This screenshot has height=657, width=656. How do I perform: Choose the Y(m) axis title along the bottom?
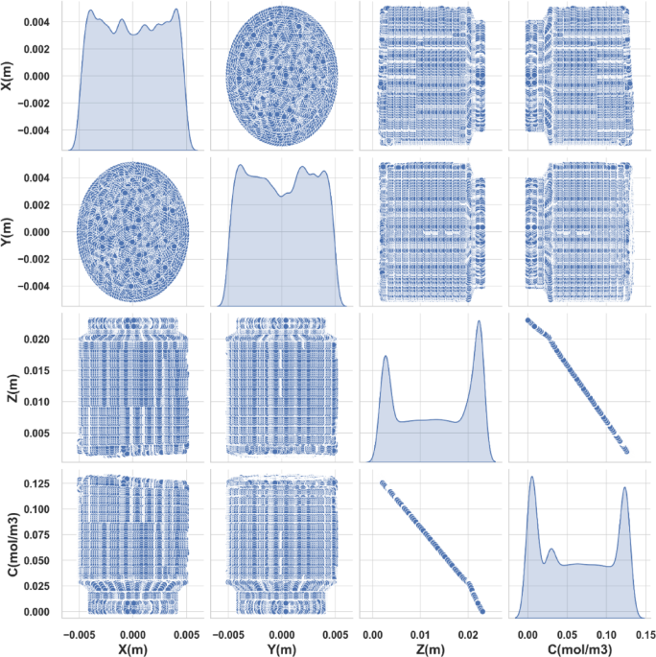pyautogui.click(x=281, y=647)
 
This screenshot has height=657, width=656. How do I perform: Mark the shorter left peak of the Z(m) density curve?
pyautogui.click(x=386, y=357)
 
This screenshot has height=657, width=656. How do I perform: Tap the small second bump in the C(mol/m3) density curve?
pyautogui.click(x=551, y=550)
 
